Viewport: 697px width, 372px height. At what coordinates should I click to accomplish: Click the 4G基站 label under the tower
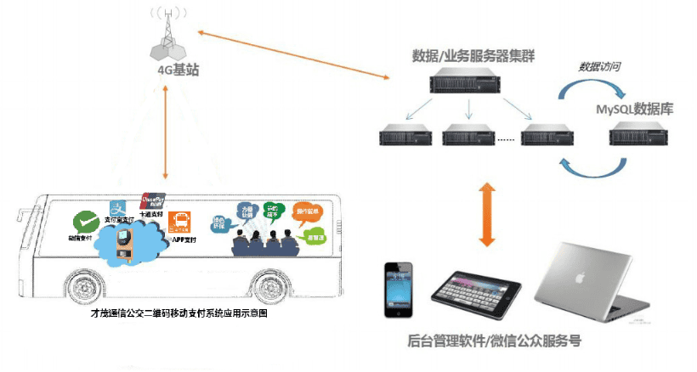point(178,71)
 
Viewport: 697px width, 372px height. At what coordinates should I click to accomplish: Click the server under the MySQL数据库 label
point(635,136)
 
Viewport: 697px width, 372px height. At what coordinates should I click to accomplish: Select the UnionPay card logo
point(150,198)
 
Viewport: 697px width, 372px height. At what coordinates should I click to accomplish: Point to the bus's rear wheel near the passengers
point(261,286)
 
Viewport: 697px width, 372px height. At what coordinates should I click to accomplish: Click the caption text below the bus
point(178,314)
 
